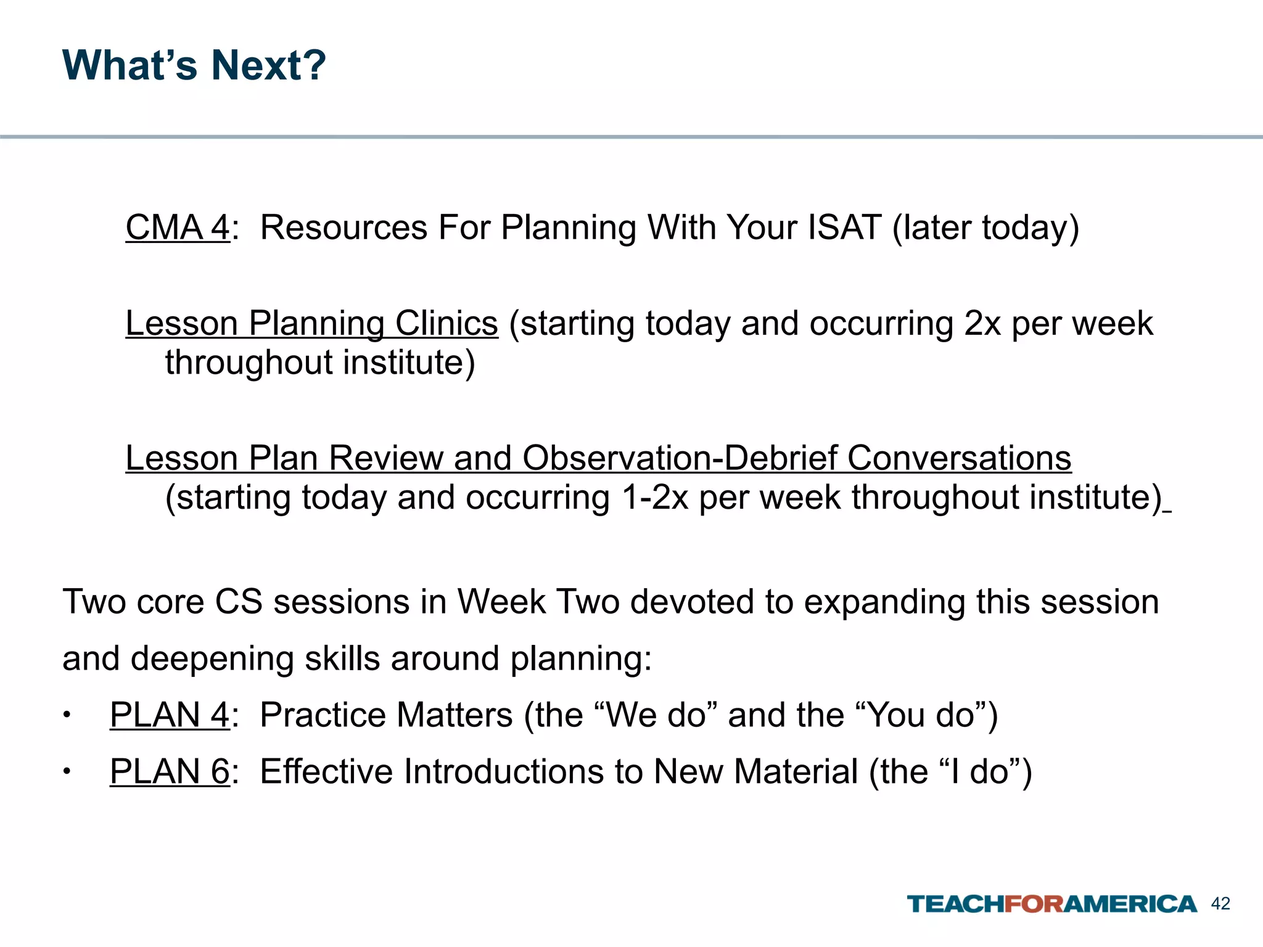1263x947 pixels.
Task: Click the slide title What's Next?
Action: pos(194,65)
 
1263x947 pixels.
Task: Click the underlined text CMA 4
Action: pos(178,228)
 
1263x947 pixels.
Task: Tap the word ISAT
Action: pos(844,228)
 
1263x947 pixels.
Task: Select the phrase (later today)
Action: pos(985,228)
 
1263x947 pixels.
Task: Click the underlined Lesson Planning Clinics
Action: pos(311,324)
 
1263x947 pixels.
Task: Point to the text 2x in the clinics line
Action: pos(982,324)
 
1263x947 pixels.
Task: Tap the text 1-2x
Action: pos(655,498)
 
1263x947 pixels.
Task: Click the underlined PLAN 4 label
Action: pos(170,715)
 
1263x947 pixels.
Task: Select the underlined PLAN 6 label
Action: pos(170,772)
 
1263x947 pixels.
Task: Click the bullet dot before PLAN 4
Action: pos(67,716)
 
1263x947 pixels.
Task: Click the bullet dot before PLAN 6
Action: pos(67,773)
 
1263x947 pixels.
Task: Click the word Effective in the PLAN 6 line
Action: pos(326,772)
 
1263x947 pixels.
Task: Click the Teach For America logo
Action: pos(1051,904)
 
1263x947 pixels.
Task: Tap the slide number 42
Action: pos(1220,904)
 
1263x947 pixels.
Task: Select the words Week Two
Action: pos(538,602)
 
